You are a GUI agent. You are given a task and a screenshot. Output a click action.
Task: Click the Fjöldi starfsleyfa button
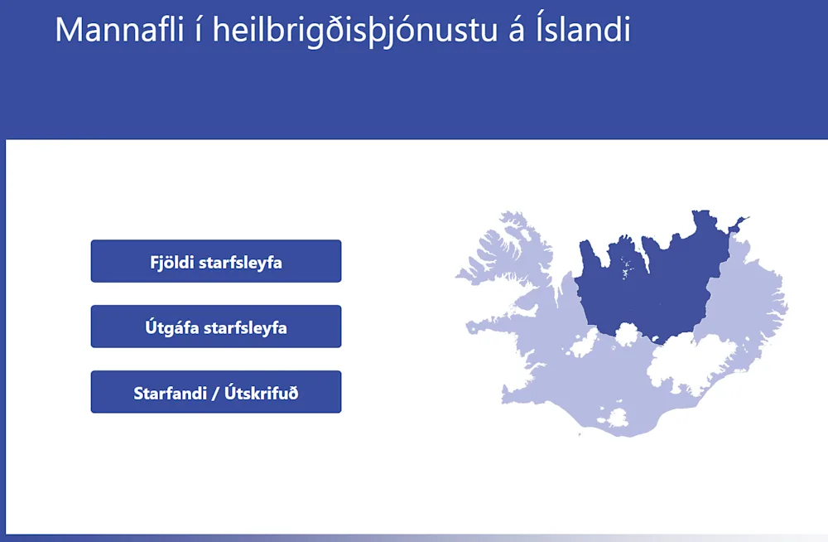tap(216, 261)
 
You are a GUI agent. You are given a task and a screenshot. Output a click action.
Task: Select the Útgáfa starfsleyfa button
tap(216, 327)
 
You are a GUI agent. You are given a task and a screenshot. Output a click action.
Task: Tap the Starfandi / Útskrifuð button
tap(216, 392)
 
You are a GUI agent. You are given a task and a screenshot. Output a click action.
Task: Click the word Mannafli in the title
tap(119, 30)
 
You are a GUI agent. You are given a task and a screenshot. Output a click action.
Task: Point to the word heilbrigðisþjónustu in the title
tap(355, 31)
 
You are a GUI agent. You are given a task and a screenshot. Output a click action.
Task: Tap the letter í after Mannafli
tap(198, 30)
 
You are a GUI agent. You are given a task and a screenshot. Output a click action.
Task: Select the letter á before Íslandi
tap(517, 30)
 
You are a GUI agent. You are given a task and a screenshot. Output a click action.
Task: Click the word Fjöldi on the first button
tap(172, 263)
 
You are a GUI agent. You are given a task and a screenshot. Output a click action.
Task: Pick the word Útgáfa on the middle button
tap(172, 327)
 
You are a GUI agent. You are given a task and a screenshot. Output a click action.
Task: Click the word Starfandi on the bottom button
tap(170, 394)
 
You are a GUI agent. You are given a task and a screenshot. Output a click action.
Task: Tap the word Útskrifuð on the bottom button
tap(262, 393)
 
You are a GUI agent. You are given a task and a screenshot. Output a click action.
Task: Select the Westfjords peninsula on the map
tap(507, 249)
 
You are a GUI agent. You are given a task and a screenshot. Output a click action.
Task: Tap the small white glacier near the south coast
tap(616, 418)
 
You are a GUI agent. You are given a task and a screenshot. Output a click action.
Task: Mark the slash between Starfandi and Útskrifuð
tap(215, 394)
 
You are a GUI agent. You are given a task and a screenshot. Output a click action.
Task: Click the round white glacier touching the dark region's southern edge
tap(627, 334)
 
